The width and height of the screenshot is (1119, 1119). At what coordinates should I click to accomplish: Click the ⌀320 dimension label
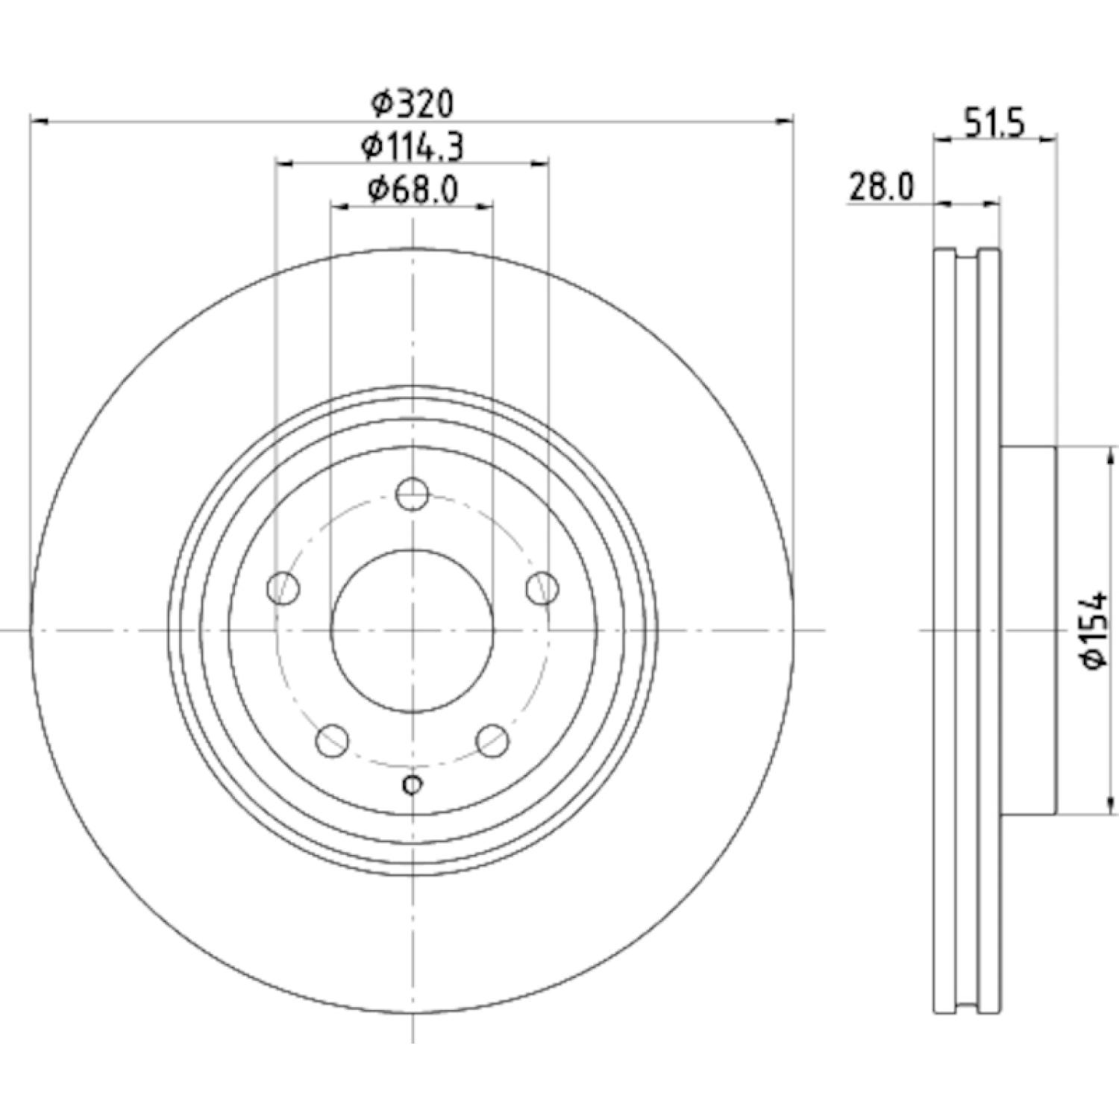(x=413, y=104)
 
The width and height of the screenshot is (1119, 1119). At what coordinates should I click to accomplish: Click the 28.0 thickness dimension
(x=880, y=187)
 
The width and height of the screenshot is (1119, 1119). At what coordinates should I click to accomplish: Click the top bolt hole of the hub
(x=412, y=494)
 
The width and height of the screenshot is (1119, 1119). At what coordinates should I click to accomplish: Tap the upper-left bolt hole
(x=283, y=588)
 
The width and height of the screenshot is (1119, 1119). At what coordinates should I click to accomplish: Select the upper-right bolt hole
(x=542, y=588)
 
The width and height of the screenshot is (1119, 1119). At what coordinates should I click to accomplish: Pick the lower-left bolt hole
(x=333, y=740)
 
